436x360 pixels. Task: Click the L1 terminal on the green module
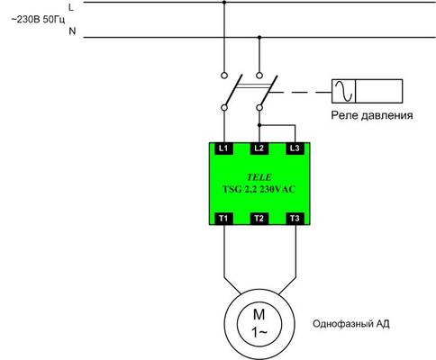click(224, 148)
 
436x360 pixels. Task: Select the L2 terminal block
click(259, 148)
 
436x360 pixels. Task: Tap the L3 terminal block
click(295, 148)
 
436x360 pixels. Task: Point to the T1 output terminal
click(224, 219)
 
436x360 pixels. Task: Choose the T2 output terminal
click(259, 219)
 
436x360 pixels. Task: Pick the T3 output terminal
click(295, 219)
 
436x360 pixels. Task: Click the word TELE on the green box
click(259, 177)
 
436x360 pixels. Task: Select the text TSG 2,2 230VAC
click(259, 189)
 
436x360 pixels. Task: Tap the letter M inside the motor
click(259, 315)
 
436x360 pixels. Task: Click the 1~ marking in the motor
click(259, 332)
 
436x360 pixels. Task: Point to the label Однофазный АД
click(351, 324)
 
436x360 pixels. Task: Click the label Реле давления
click(372, 115)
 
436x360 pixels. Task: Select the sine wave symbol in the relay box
click(344, 91)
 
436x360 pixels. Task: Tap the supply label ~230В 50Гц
click(38, 20)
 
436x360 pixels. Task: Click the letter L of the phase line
click(71, 7)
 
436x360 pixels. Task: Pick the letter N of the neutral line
click(72, 31)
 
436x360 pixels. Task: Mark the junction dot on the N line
click(259, 38)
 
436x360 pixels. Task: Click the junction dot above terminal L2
click(259, 125)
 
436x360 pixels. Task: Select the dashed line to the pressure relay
click(300, 93)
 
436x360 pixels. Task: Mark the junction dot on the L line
click(224, 3)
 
